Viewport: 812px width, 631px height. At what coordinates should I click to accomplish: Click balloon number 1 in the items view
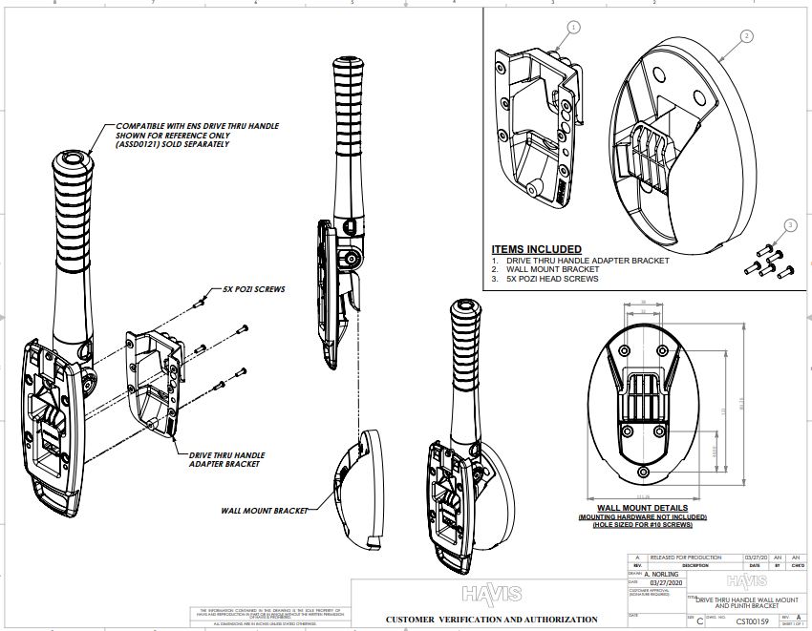click(573, 28)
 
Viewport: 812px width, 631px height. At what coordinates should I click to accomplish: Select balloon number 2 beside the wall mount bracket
click(746, 36)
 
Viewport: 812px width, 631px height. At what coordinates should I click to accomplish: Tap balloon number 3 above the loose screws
click(789, 225)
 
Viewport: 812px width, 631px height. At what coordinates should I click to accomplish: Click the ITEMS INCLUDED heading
click(536, 249)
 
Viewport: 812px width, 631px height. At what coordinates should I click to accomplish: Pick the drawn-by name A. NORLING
click(665, 575)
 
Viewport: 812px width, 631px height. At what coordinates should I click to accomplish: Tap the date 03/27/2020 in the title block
click(668, 583)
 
